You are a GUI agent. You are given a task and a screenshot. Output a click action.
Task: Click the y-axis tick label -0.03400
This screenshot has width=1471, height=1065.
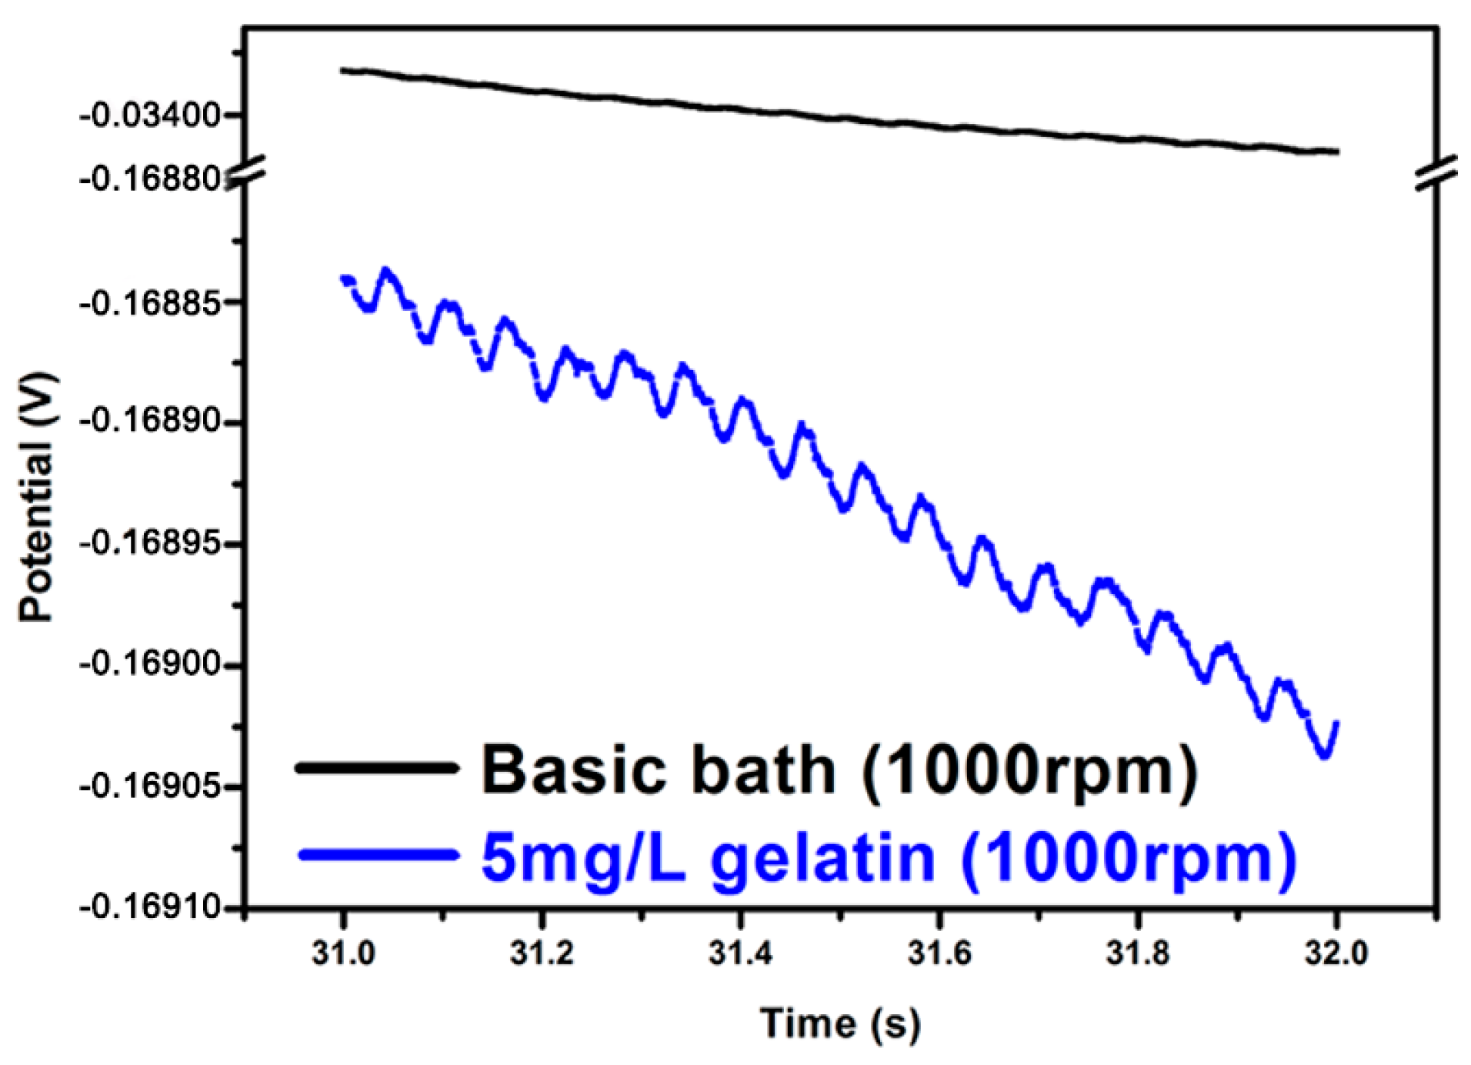point(150,116)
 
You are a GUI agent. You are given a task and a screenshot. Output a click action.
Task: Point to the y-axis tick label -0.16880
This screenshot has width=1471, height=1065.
point(150,180)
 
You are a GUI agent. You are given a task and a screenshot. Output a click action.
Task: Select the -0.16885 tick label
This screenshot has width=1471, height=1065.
point(150,302)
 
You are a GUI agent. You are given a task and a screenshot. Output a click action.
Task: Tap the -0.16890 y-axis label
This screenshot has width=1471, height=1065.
point(150,422)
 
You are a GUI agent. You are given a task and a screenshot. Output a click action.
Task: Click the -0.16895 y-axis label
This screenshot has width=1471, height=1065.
point(150,544)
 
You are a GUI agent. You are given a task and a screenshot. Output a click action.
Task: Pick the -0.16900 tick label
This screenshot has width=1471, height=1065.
point(150,664)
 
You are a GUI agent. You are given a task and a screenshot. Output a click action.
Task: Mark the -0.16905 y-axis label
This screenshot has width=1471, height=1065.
point(150,786)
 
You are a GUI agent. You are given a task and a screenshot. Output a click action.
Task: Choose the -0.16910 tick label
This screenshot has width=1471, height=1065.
point(150,908)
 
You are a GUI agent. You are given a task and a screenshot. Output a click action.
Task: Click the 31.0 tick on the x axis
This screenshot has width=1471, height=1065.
point(343,953)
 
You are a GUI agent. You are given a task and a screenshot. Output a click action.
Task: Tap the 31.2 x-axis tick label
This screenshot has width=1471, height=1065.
point(542,953)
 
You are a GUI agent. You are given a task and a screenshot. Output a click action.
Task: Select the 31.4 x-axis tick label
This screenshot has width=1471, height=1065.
point(740,953)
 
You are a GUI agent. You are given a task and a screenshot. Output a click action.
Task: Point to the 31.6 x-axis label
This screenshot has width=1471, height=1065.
point(939,953)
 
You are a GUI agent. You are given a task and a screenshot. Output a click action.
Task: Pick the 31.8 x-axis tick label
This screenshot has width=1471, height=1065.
point(1137,953)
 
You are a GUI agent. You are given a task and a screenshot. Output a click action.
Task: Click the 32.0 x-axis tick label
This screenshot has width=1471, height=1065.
point(1336,953)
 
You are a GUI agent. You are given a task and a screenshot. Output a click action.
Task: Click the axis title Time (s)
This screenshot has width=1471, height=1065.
point(840,1023)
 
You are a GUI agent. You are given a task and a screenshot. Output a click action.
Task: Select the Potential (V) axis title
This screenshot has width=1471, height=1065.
point(37,497)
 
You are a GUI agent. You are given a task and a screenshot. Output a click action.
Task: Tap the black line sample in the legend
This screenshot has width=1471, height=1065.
point(377,767)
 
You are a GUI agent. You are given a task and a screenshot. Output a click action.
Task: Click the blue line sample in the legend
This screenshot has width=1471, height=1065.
point(377,855)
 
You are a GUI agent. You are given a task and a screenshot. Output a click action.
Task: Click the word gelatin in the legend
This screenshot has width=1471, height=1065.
point(822,858)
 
